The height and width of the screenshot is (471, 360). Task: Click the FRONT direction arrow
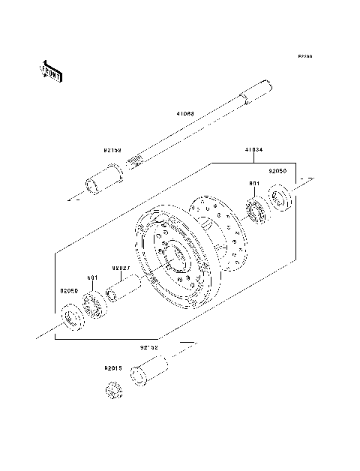click(x=51, y=70)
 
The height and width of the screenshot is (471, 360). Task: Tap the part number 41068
click(x=185, y=115)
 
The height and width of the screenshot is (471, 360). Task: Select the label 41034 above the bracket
click(x=253, y=149)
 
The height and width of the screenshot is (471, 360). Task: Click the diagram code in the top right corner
click(x=304, y=56)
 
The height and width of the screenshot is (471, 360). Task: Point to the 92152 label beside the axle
click(x=113, y=150)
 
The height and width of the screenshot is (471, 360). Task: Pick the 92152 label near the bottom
click(x=148, y=348)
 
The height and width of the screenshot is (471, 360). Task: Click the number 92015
click(x=113, y=368)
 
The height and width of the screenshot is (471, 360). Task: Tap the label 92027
click(x=121, y=266)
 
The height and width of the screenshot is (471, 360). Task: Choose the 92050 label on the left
click(x=70, y=290)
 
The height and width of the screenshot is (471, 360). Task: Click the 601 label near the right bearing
click(x=254, y=182)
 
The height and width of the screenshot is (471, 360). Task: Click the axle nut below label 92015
click(x=112, y=390)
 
